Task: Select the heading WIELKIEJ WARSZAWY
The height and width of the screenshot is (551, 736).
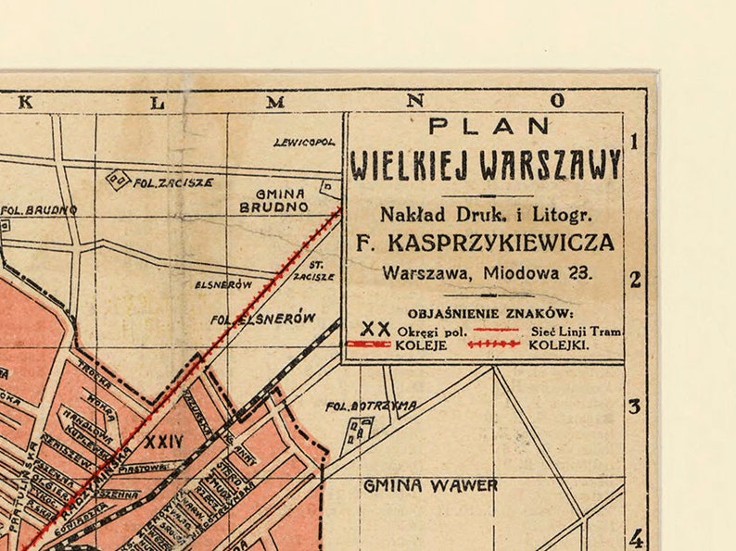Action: tap(485, 165)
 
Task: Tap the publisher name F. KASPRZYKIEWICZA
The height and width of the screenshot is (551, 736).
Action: tap(485, 243)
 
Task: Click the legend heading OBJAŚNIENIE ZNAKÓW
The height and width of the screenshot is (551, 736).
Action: tap(490, 313)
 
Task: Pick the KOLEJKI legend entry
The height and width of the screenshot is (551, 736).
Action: tap(558, 344)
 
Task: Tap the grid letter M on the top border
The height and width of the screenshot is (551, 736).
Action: tap(275, 102)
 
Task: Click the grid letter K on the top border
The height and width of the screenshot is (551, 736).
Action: tap(25, 102)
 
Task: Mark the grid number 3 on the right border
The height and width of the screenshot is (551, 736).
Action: tap(635, 407)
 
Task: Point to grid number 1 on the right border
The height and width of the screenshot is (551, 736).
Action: tap(635, 142)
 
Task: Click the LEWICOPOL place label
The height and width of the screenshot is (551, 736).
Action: tap(304, 143)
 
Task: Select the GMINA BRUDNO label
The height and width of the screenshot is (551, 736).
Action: tap(273, 200)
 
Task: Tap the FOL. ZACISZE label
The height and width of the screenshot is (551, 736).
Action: tap(172, 182)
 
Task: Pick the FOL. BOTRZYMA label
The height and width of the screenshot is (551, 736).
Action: tap(371, 406)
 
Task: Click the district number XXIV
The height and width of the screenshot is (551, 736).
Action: tap(164, 441)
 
